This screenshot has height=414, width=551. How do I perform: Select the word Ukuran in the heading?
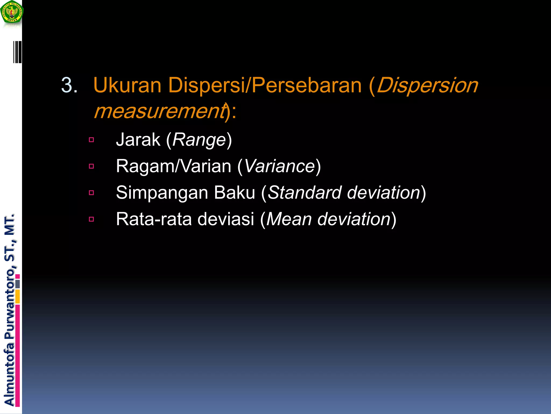pos(127,85)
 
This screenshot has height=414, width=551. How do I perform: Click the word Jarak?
pos(138,140)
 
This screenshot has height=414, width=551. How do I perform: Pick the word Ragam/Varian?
pos(174,166)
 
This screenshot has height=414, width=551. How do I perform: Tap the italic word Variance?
pos(279,166)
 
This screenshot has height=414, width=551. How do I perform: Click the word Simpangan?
pos(162,193)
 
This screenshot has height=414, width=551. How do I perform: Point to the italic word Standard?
pos(304,192)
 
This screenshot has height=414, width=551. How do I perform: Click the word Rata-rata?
pos(154,219)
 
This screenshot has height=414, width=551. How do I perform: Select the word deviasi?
pos(226,219)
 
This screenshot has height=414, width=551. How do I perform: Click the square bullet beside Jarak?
pos(91,140)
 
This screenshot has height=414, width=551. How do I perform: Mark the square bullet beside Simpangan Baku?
pos(91,193)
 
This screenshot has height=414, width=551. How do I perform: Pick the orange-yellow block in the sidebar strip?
pos(17,296)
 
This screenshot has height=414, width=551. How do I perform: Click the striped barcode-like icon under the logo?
pos(17,52)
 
